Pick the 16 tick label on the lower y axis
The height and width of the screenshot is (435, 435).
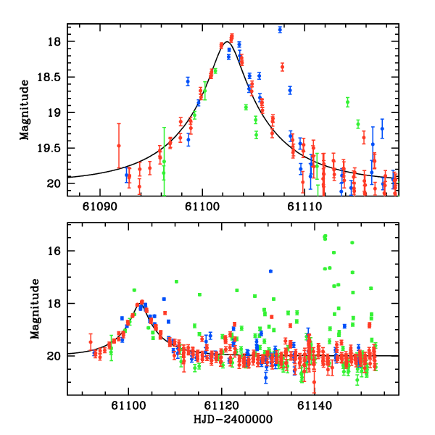pyautogui.click(x=55, y=251)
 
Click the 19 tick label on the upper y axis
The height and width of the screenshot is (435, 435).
pyautogui.click(x=55, y=112)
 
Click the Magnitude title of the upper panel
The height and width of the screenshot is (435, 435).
pyautogui.click(x=25, y=109)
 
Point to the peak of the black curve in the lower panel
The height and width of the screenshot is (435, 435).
pyautogui.click(x=141, y=303)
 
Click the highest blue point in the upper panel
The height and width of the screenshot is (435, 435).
pyautogui.click(x=280, y=30)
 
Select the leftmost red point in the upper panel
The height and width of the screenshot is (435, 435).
pyautogui.click(x=119, y=146)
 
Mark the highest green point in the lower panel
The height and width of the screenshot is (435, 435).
pyautogui.click(x=325, y=236)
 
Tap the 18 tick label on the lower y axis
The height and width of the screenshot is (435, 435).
pyautogui.click(x=55, y=303)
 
